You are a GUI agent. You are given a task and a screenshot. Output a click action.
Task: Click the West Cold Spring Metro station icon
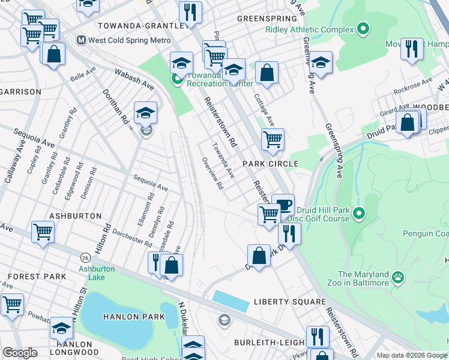(80, 40)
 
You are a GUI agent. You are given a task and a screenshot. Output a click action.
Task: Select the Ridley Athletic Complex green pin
(363, 28)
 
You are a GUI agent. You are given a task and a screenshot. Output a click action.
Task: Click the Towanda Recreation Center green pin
(176, 79)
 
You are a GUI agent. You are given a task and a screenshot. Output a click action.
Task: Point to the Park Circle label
(270, 164)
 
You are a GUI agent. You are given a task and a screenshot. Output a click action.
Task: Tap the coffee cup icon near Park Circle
(283, 204)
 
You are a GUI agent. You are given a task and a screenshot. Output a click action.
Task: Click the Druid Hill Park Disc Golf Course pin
(359, 213)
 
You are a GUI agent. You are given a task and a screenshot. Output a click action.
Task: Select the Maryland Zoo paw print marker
(397, 277)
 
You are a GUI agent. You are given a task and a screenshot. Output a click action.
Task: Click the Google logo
(20, 352)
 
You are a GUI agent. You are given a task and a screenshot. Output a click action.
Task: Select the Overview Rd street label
(213, 173)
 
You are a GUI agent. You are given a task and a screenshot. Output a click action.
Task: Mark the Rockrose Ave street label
(413, 85)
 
